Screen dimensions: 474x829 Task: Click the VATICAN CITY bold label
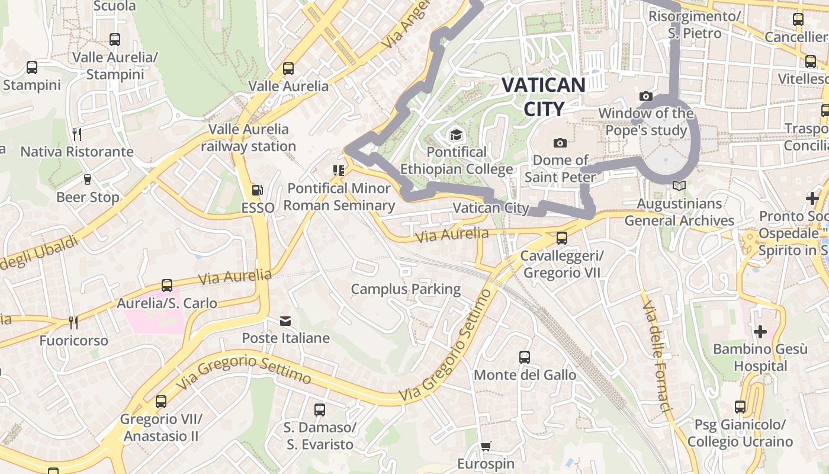pos(544,96)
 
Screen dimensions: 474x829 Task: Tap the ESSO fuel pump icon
pos(258,190)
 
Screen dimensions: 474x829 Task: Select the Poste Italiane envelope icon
pos(285,321)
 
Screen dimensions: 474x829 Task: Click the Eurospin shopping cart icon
pos(486,446)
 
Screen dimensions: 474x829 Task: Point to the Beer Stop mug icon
pos(88,179)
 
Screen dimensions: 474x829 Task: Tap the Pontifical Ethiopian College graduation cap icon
pos(455,135)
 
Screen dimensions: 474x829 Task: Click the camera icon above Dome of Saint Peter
pos(560,143)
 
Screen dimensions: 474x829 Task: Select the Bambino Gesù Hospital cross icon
pos(760,331)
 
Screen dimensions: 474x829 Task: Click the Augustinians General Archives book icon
pos(679,186)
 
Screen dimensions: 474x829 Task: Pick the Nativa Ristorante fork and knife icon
pos(77,134)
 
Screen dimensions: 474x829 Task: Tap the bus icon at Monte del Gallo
pos(525,357)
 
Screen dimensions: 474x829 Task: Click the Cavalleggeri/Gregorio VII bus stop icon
pos(561,238)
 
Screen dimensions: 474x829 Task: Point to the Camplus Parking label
pos(406,289)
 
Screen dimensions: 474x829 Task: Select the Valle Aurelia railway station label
pos(248,137)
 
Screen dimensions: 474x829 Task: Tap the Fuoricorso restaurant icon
pos(73,323)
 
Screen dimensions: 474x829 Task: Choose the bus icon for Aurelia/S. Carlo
pos(167,286)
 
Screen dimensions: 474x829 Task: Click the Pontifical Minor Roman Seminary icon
pos(339,171)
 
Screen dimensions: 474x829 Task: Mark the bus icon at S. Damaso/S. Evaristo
pos(319,409)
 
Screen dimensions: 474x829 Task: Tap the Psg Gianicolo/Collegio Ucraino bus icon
pos(740,406)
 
